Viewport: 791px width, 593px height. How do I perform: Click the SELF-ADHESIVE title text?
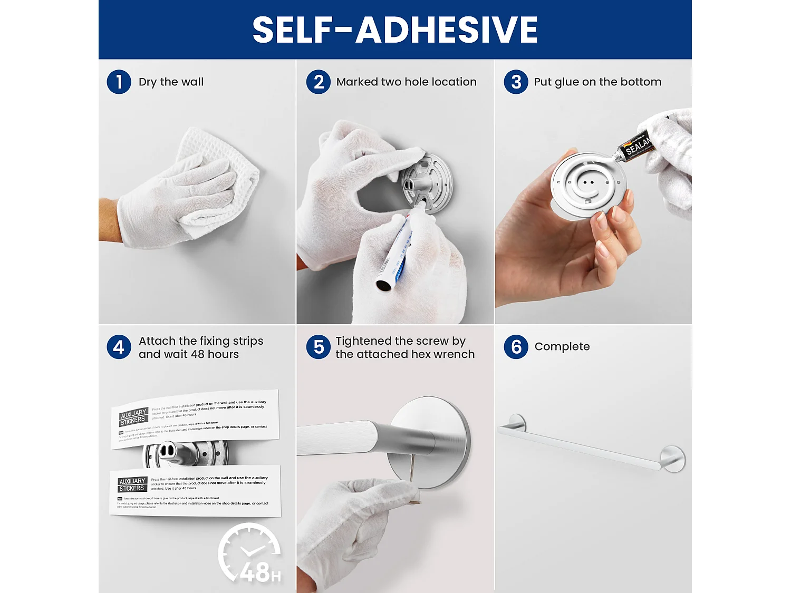click(395, 30)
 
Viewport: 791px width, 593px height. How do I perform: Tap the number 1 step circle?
click(119, 82)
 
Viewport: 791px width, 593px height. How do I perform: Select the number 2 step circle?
click(319, 82)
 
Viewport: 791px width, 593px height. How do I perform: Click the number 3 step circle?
click(516, 82)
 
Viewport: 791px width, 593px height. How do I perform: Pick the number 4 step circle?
click(119, 347)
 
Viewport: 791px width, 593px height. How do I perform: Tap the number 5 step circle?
click(319, 347)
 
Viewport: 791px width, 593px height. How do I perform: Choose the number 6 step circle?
click(516, 347)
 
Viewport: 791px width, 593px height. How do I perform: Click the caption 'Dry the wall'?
click(171, 82)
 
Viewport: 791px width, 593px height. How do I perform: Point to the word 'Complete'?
click(562, 347)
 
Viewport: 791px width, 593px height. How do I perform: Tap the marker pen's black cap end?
click(383, 285)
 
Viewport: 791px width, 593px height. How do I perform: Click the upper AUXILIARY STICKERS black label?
click(133, 416)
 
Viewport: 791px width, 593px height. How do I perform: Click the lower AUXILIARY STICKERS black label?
click(132, 485)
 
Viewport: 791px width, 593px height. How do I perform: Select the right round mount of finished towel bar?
click(673, 458)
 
